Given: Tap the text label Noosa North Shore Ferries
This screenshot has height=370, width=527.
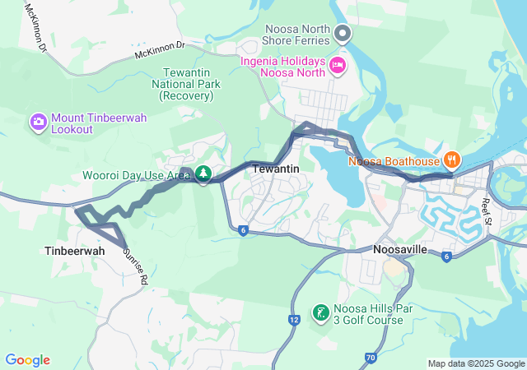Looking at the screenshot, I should tap(296, 33).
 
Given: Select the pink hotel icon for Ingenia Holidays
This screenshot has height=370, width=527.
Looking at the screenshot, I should tap(337, 65).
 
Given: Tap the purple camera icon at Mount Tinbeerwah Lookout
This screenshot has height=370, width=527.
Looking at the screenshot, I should tap(39, 123).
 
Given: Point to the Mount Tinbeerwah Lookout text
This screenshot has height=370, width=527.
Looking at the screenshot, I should tap(99, 124).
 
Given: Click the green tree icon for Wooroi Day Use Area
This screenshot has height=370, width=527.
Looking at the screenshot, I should tap(203, 174).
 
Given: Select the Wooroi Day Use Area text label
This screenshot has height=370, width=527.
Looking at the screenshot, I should tap(136, 175).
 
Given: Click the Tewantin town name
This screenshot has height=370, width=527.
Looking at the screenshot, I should tap(274, 169).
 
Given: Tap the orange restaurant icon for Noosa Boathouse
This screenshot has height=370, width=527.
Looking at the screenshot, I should tap(450, 160).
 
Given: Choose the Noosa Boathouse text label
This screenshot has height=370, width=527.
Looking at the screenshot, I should tap(394, 161).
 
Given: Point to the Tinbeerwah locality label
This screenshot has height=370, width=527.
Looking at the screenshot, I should tap(75, 251).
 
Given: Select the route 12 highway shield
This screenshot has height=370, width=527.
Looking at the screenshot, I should tap(294, 319).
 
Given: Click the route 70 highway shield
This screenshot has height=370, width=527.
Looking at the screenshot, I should tap(370, 357).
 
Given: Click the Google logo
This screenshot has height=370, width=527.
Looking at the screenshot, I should tap(28, 360).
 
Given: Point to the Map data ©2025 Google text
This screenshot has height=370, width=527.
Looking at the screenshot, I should tap(475, 363).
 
